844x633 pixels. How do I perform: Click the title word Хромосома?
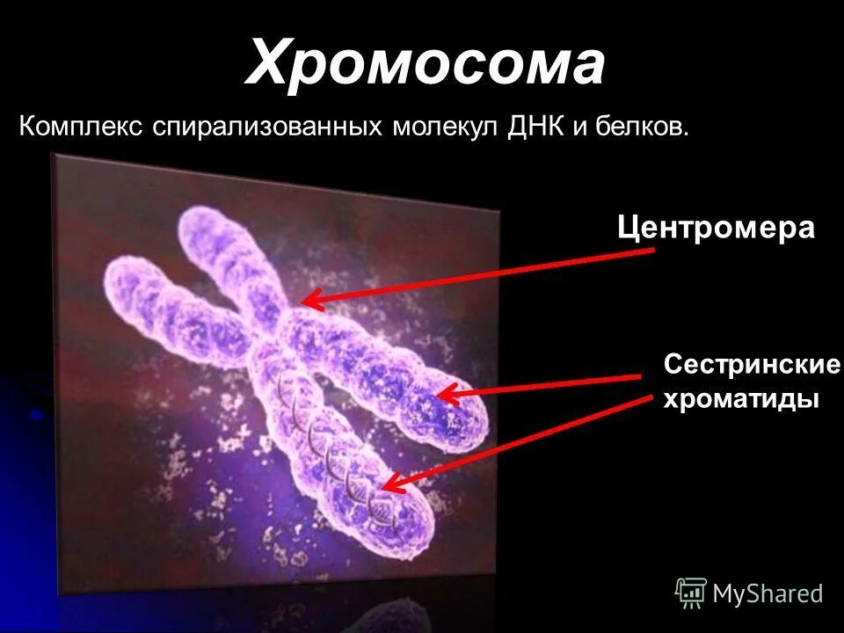[426, 63]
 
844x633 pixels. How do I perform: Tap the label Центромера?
[716, 229]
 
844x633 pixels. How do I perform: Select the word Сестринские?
[753, 364]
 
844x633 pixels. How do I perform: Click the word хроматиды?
[740, 398]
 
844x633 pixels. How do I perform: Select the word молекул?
[446, 126]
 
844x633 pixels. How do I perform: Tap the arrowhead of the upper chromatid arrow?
[442, 395]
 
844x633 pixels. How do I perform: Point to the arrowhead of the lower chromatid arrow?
[388, 484]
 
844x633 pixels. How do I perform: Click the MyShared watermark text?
[768, 594]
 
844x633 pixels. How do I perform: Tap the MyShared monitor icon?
[691, 593]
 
